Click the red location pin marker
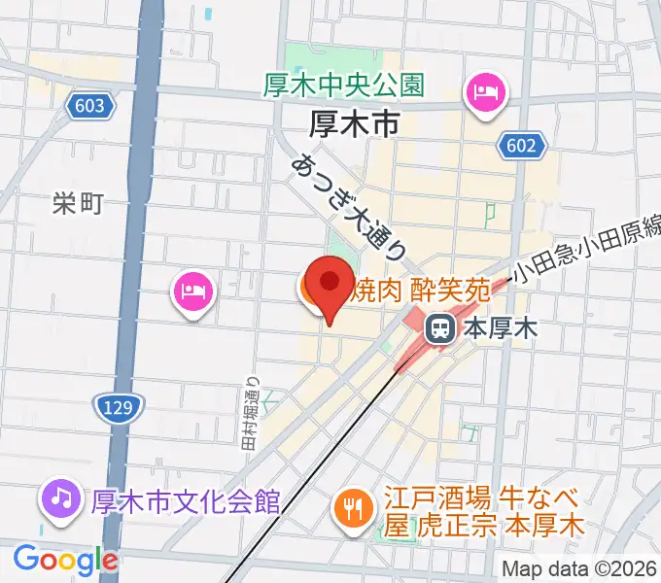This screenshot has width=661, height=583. pos(330,285)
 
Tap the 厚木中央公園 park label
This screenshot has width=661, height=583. pos(344,85)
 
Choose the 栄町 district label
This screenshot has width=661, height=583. pos(78,203)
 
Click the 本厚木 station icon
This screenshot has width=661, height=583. pos(439,328)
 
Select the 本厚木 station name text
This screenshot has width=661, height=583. pos(499,328)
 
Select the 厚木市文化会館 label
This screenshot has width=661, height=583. pos(185,501)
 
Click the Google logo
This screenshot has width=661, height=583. pos(65,559)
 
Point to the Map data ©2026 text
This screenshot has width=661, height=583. pos(579,568)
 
